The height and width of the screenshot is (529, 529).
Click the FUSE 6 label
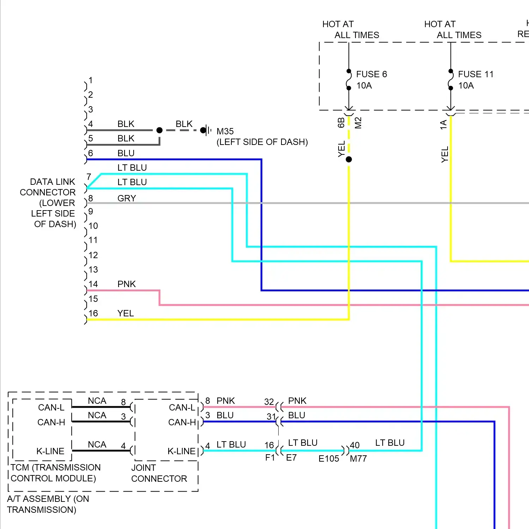371,74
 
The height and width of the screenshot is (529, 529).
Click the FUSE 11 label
475,74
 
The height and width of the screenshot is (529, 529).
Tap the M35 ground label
225,132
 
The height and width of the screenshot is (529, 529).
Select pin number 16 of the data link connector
93,313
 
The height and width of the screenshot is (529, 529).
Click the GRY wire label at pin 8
127,198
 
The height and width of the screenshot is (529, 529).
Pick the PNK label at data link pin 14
127,284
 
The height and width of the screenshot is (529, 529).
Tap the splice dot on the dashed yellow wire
349,159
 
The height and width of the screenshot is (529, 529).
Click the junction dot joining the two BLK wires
159,130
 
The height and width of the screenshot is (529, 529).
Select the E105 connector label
329,458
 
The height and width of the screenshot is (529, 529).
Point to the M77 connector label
358,458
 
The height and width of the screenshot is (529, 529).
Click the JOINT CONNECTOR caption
159,473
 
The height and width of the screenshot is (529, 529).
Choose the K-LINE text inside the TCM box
50,451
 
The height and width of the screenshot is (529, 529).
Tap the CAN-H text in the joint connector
182,422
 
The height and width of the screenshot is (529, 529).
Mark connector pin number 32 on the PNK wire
269,402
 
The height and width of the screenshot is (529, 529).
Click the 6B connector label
341,123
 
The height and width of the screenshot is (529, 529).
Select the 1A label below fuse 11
443,124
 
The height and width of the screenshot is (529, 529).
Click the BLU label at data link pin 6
126,153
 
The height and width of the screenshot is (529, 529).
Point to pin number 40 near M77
355,445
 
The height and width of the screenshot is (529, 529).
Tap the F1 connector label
270,458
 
